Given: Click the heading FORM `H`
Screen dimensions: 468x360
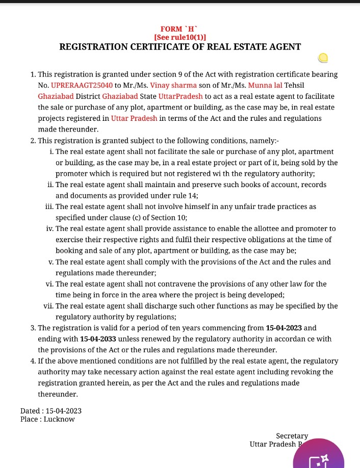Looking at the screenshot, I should (179, 29).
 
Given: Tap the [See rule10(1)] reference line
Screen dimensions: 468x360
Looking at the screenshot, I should (179, 37).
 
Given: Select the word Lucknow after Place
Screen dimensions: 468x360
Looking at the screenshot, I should (59, 419).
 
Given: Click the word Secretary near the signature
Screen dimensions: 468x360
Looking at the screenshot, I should (292, 436).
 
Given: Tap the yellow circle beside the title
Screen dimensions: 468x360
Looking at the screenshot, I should (322, 58).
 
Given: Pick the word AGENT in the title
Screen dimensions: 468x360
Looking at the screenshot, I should (285, 47).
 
